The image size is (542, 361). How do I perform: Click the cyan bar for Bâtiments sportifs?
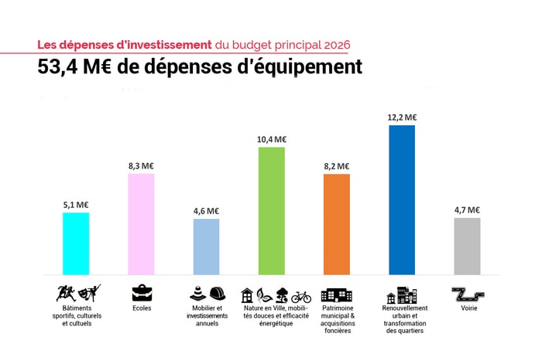(x=75, y=243)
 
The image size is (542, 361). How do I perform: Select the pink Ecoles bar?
(x=141, y=223)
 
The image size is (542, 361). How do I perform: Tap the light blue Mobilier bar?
(x=206, y=246)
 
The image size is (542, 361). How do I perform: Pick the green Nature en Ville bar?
(x=271, y=210)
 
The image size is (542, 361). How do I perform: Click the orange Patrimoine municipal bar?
(x=336, y=223)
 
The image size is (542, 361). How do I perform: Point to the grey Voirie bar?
(x=466, y=245)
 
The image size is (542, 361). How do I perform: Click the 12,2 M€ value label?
(x=402, y=117)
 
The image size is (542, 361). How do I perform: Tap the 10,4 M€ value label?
(x=272, y=139)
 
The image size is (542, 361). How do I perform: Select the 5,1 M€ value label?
(x=76, y=205)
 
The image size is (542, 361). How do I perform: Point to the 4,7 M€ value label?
(x=467, y=209)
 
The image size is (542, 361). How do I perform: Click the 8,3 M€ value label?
(x=141, y=165)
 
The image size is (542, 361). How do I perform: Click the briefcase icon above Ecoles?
(x=142, y=294)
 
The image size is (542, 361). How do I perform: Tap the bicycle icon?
(x=301, y=295)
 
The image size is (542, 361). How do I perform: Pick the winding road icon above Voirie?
(x=467, y=295)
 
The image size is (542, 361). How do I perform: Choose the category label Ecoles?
(x=142, y=308)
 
